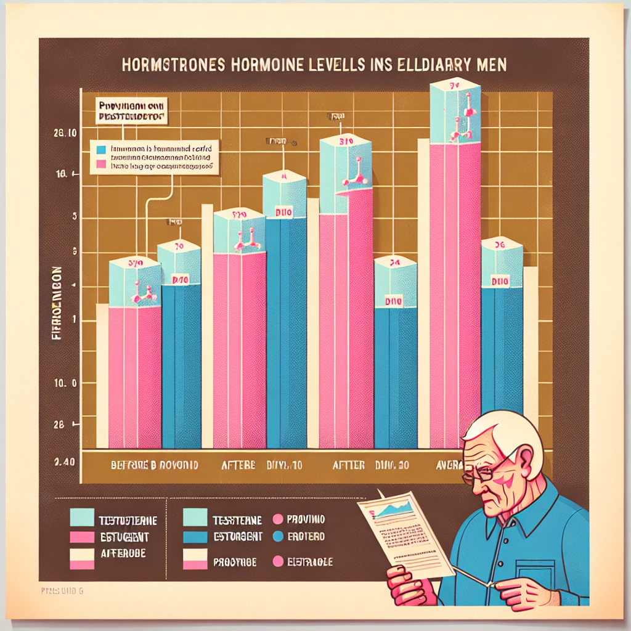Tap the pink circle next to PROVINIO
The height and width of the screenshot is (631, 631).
(x=276, y=519)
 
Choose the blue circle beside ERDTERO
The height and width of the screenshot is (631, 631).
(x=276, y=537)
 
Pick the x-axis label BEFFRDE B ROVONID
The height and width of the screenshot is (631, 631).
(x=153, y=466)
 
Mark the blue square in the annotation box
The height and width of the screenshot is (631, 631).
(x=101, y=149)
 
